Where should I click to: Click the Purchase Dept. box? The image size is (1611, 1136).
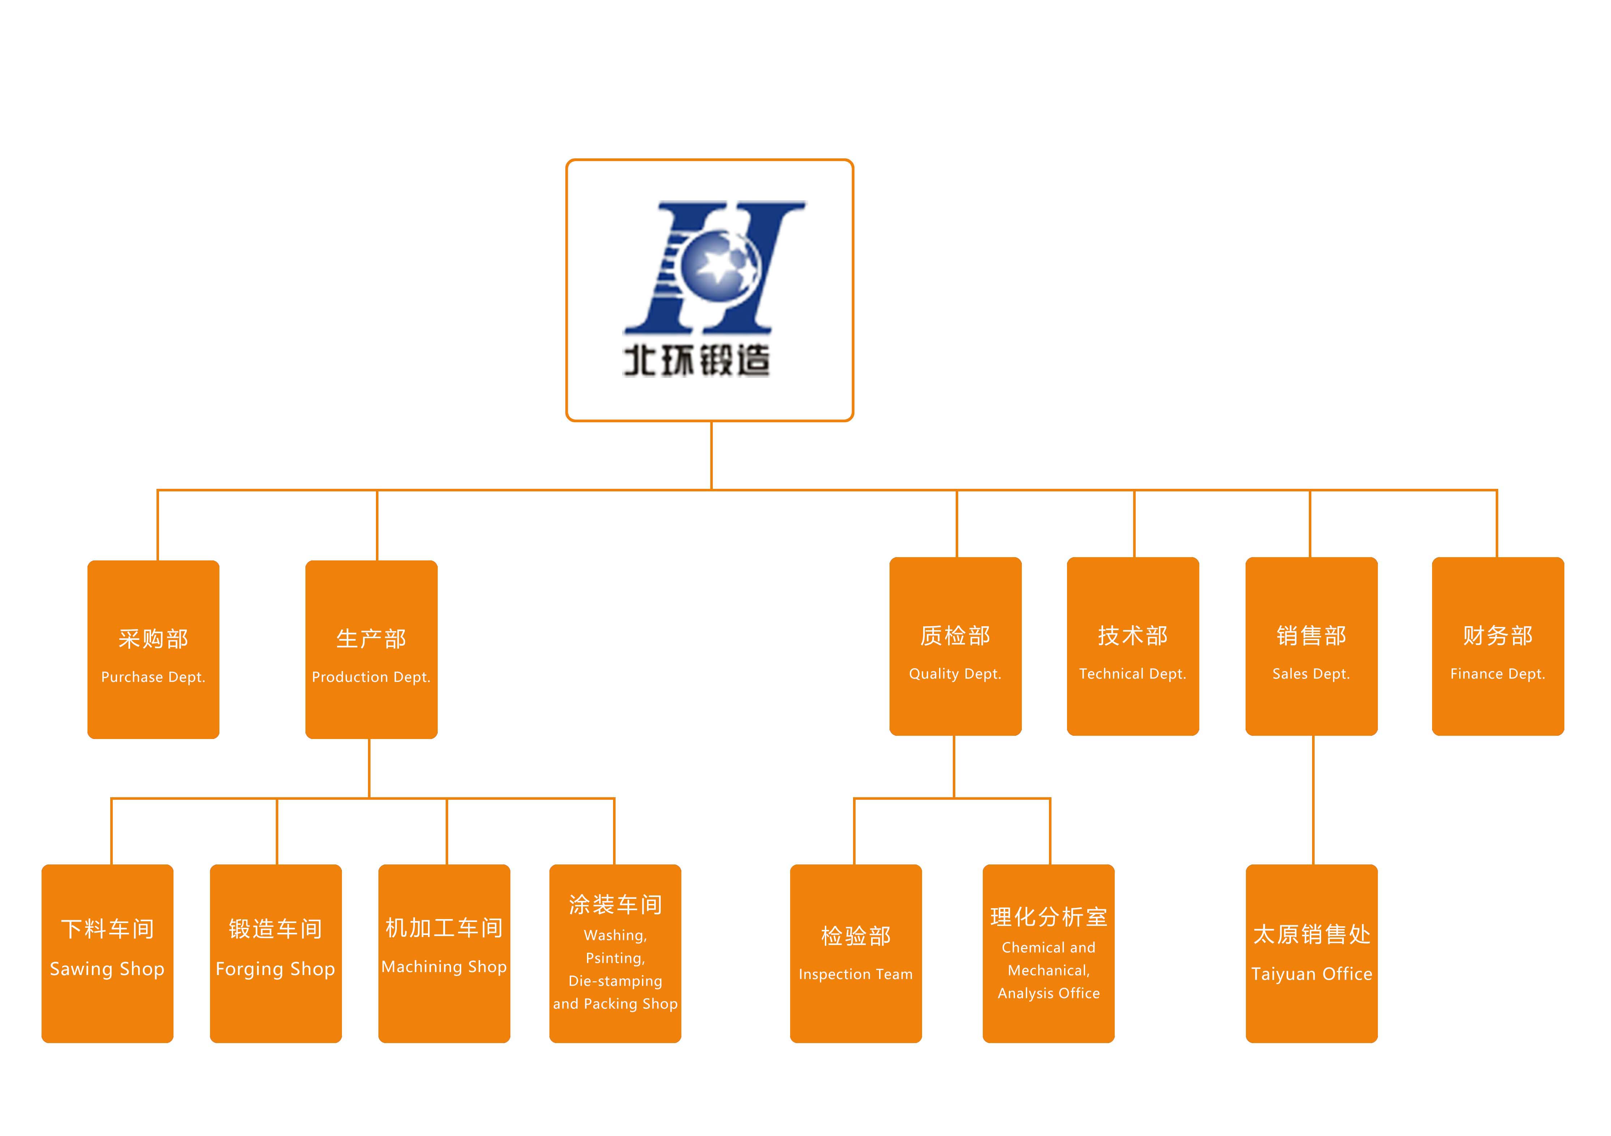(x=153, y=649)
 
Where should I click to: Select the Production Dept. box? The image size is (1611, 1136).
(x=371, y=649)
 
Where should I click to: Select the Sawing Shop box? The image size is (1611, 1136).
(x=107, y=953)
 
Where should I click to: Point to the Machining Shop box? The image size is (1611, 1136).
(x=444, y=953)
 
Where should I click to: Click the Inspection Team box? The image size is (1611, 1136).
(x=855, y=953)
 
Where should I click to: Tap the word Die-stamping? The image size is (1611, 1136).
(x=614, y=981)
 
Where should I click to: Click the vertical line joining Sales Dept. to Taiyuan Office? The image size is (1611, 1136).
(x=1313, y=800)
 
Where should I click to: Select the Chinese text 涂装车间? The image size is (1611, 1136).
(x=614, y=905)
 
